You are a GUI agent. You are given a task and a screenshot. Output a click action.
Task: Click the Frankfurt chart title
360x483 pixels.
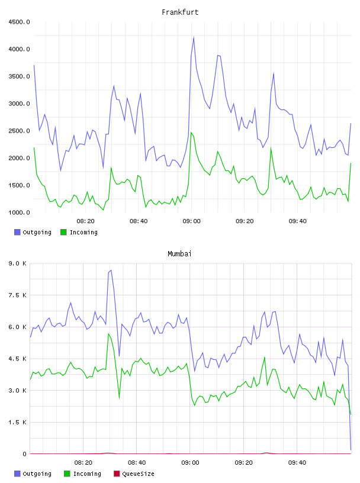pyautogui.click(x=180, y=12)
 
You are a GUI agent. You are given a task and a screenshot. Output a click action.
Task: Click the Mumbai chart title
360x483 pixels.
pyautogui.click(x=179, y=254)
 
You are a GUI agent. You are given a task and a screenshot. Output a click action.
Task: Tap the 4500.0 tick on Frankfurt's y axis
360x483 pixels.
pyautogui.click(x=19, y=22)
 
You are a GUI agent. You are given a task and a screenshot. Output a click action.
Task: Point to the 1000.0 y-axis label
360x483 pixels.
pyautogui.click(x=19, y=212)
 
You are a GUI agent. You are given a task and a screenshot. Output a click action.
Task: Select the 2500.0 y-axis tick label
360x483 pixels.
pyautogui.click(x=19, y=131)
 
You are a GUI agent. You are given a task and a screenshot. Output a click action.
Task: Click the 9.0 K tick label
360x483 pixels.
pyautogui.click(x=18, y=263)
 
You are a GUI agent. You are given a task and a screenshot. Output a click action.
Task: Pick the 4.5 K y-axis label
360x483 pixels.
pyautogui.click(x=18, y=359)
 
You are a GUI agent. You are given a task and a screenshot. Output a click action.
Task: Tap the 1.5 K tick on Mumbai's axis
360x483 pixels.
pyautogui.click(x=18, y=422)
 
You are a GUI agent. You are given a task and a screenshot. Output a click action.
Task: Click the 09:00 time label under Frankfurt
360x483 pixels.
pyautogui.click(x=191, y=221)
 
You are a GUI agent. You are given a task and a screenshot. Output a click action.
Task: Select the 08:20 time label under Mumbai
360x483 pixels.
pyautogui.click(x=83, y=463)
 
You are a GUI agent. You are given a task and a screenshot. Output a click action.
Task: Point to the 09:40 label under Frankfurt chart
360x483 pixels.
pyautogui.click(x=297, y=221)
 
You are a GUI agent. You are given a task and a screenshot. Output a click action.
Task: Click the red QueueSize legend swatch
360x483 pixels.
pyautogui.click(x=117, y=474)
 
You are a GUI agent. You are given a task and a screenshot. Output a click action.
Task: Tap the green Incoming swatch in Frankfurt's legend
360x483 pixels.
pyautogui.click(x=63, y=232)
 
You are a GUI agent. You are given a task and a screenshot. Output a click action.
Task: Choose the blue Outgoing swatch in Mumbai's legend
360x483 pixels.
pyautogui.click(x=17, y=474)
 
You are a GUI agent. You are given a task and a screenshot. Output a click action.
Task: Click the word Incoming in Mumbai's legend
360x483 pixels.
pyautogui.click(x=87, y=474)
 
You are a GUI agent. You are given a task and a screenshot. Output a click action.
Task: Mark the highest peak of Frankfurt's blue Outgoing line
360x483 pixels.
pyautogui.click(x=194, y=37)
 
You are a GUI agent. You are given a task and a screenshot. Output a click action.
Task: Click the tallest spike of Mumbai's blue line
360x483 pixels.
pyautogui.click(x=111, y=271)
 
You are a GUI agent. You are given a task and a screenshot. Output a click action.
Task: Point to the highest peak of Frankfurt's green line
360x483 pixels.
pyautogui.click(x=191, y=133)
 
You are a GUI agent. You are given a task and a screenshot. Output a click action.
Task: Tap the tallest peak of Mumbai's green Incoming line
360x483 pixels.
pyautogui.click(x=108, y=334)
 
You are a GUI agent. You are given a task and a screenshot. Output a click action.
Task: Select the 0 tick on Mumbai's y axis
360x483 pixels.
pyautogui.click(x=24, y=454)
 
